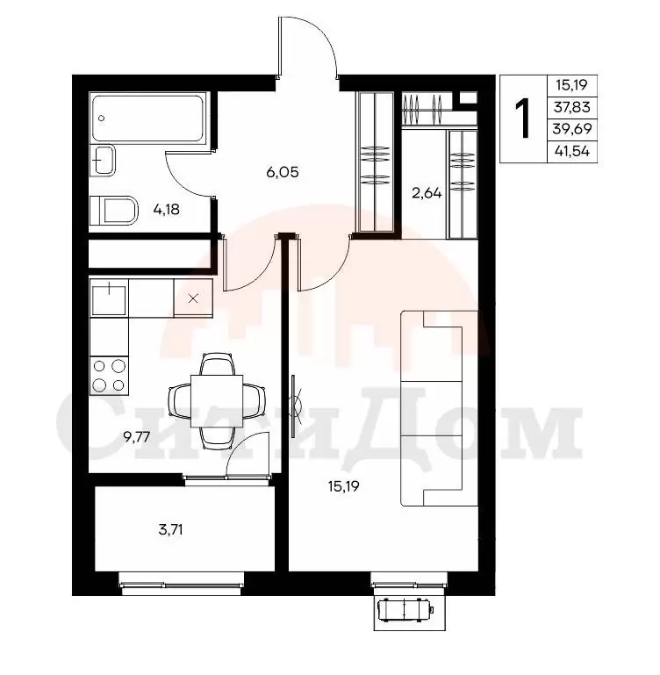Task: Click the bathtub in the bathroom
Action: pos(147,118)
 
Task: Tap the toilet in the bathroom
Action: pos(114,211)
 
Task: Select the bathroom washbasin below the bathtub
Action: pos(103,160)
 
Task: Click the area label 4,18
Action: pos(166,210)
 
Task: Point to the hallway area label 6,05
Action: pos(283,173)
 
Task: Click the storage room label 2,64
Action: pos(427,193)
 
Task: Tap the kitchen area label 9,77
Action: pos(137,437)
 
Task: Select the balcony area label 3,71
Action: pos(170,529)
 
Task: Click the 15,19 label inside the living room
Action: pos(343,486)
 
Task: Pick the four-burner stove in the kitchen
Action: pos(109,376)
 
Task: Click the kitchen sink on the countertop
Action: pos(109,298)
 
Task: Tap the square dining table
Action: pos(217,401)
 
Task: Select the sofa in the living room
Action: pos(440,408)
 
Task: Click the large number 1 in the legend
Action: pos(523,118)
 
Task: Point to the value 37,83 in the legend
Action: pos(571,107)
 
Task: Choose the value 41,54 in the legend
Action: pos(572,151)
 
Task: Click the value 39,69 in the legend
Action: pos(572,129)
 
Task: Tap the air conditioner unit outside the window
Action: pos(405,610)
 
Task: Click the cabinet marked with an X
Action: pos(193,298)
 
